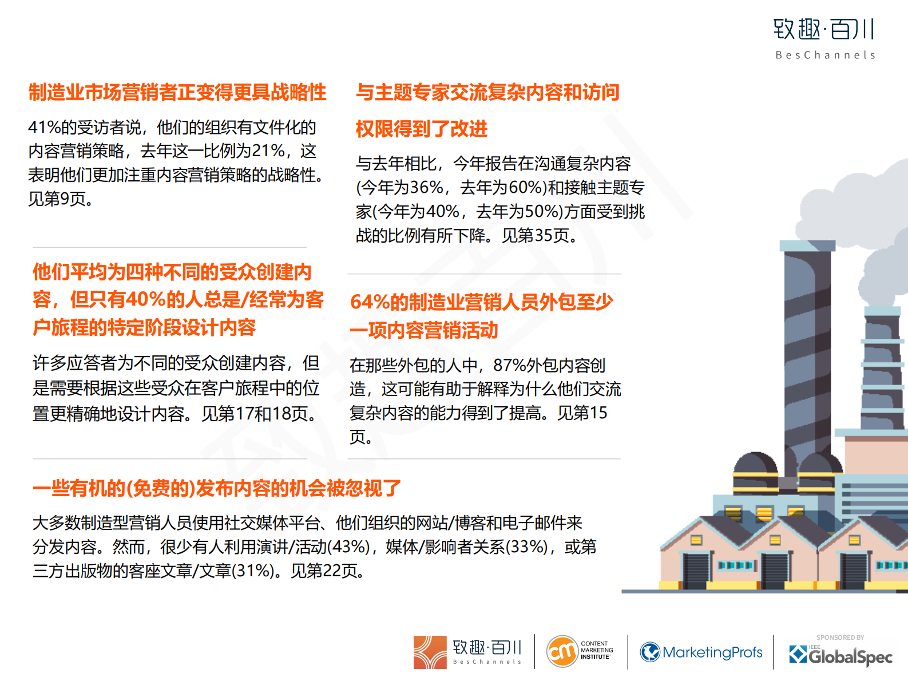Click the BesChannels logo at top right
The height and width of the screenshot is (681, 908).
pyautogui.click(x=824, y=38)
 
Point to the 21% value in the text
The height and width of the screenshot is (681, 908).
pyautogui.click(x=268, y=151)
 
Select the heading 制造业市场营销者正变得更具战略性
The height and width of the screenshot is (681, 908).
pyautogui.click(x=177, y=92)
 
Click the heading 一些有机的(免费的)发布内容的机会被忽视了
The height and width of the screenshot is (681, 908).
pyautogui.click(x=217, y=489)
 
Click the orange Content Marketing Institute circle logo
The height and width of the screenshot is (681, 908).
pyautogui.click(x=562, y=652)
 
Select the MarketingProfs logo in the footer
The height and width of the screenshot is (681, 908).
pyautogui.click(x=701, y=652)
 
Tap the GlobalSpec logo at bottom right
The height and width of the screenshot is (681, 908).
pyautogui.click(x=841, y=655)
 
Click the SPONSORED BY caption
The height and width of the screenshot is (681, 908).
pyautogui.click(x=840, y=638)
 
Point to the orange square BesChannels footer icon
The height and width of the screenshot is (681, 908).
pyautogui.click(x=430, y=652)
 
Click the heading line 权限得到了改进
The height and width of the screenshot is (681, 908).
pyautogui.click(x=422, y=129)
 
